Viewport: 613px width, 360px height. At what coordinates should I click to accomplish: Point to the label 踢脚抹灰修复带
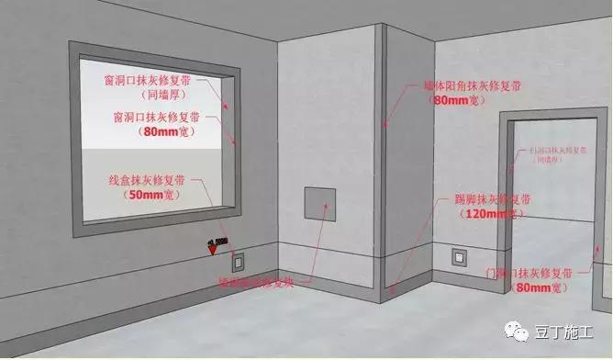coord(492,199)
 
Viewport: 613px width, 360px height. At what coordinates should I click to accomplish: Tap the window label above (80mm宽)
coord(160,118)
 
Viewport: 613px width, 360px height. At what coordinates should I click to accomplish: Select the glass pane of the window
coord(151,138)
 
